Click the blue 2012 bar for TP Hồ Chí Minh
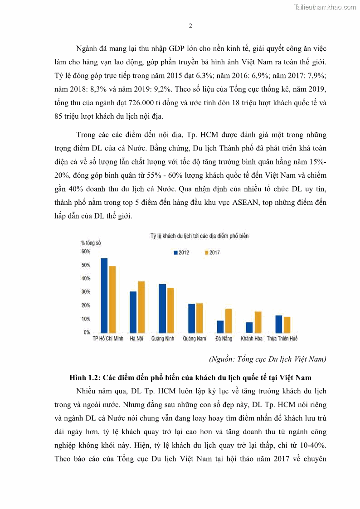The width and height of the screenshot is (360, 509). [x=104, y=295]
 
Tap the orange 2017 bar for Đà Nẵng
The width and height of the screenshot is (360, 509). [x=229, y=321]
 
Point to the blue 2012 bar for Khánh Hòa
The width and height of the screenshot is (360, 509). [x=249, y=327]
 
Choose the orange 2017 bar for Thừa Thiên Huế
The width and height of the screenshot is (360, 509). [x=287, y=325]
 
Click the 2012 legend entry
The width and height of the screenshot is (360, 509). [x=182, y=252]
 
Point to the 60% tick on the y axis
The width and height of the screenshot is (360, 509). [x=86, y=252]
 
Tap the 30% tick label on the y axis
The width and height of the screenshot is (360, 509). [x=86, y=291]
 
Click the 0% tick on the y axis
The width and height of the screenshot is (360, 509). [x=87, y=332]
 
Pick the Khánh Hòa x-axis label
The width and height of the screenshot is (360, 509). [x=253, y=339]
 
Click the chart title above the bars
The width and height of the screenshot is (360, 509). [x=199, y=236]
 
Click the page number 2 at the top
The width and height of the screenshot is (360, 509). [x=190, y=26]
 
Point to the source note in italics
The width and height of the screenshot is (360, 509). [x=267, y=359]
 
